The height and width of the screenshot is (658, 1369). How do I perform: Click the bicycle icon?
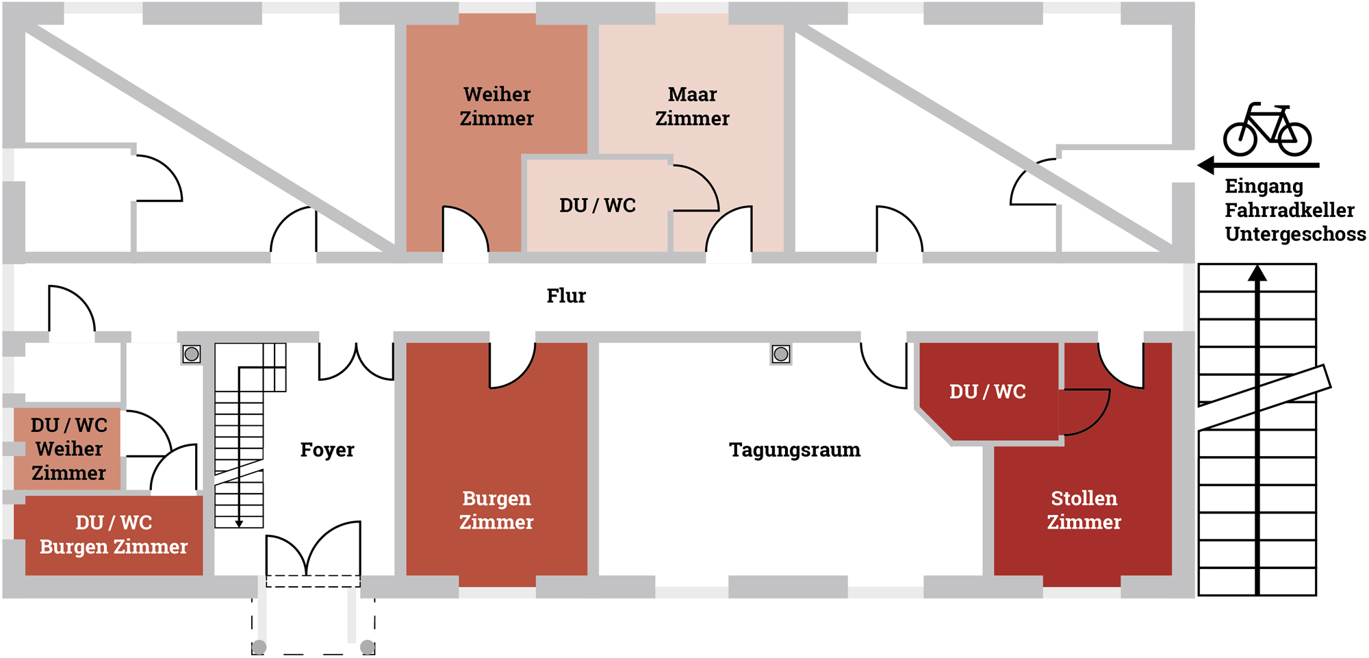pos(1267,130)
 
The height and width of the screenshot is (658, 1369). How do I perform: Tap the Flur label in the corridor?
pos(566,296)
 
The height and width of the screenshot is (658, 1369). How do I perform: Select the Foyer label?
pos(327,450)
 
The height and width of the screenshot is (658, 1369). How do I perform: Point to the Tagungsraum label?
pos(795,450)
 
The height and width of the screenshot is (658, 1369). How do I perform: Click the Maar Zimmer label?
pos(692,106)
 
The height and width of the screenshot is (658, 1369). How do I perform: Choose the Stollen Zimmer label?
pos(1084,510)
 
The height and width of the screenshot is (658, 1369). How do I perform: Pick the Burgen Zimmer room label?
pos(496,510)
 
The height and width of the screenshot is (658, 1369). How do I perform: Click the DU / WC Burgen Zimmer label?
pos(114,535)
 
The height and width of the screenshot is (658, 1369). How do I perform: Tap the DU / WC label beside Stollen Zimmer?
pos(987,392)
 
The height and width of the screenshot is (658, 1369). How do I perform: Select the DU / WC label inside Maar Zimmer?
pos(598,205)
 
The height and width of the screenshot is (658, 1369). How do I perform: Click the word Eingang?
pos(1264,186)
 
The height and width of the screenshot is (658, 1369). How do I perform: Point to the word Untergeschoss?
pos(1295,234)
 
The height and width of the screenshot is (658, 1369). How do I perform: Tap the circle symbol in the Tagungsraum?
pos(781,354)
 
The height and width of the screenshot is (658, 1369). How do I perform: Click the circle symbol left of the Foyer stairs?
pos(192,354)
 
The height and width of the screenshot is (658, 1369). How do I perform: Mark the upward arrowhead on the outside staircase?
pos(1257,273)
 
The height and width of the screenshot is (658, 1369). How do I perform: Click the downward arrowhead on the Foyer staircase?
pos(239,523)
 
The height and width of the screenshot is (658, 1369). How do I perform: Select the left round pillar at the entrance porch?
pos(259,647)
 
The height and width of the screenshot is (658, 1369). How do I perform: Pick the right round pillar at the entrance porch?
pos(368,647)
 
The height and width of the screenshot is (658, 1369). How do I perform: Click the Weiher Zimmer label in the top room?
pos(497,106)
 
